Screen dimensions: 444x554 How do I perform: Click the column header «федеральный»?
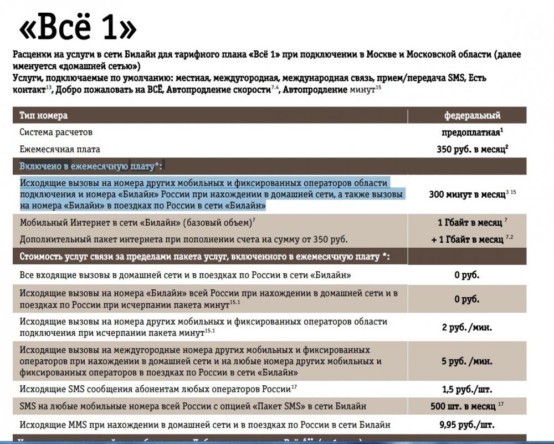pyautogui.click(x=472, y=116)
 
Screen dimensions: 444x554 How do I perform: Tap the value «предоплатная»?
pyautogui.click(x=471, y=132)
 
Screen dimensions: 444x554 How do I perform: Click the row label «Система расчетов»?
pyautogui.click(x=56, y=132)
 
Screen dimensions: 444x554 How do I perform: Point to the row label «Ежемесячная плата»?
pyautogui.click(x=60, y=149)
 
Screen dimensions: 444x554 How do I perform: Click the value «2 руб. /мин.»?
pyautogui.click(x=466, y=327)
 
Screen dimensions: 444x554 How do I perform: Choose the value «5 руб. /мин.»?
pyautogui.click(x=466, y=361)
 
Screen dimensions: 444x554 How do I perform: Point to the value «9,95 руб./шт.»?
pyautogui.click(x=466, y=425)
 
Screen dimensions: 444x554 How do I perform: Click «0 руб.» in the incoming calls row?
pyautogui.click(x=466, y=275)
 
